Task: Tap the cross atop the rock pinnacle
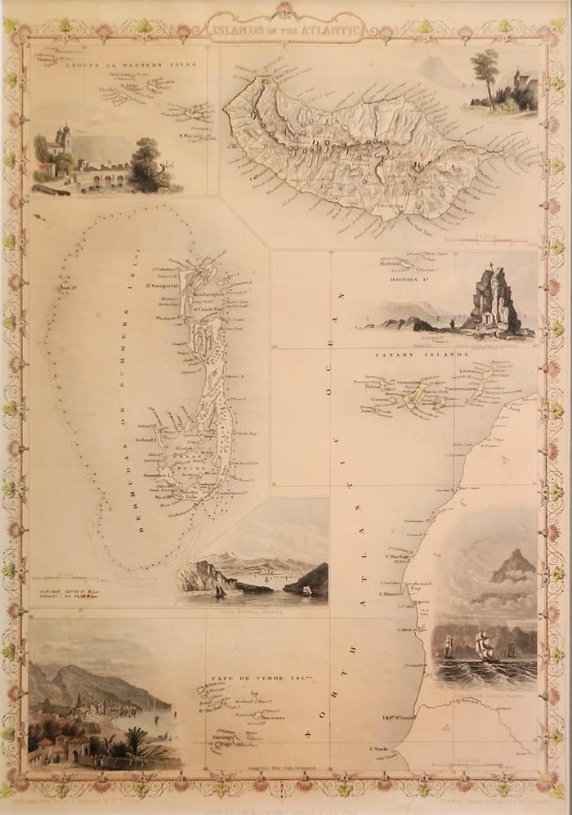click(492, 265)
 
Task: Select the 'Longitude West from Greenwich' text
click(266, 768)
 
